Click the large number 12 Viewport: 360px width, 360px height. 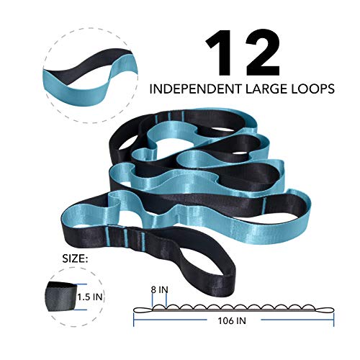point(243,53)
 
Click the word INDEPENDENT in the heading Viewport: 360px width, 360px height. point(196,89)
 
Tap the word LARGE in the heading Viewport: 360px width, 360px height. point(269,89)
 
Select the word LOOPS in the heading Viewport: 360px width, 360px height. point(315,89)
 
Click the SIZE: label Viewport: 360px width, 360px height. point(75,258)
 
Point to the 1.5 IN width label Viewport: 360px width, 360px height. point(90,297)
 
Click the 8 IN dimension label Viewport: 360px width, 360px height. point(160,289)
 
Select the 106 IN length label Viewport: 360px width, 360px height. point(232,320)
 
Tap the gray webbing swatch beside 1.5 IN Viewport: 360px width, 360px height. point(61,297)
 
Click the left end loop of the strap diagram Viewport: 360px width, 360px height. point(143,310)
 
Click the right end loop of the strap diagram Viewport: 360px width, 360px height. point(324,310)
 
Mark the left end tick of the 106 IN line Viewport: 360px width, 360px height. point(134,320)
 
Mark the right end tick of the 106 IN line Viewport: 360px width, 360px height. point(333,320)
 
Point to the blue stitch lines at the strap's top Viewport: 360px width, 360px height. point(169,117)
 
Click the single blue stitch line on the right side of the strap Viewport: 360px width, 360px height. point(265,204)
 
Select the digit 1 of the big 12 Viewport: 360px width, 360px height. point(218,53)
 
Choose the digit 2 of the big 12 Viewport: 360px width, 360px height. point(261,53)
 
